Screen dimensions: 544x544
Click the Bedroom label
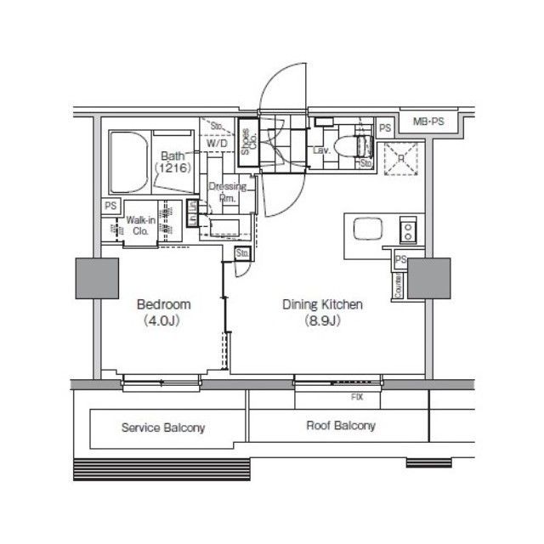pyautogui.click(x=163, y=304)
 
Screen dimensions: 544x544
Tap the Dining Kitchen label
pyautogui.click(x=323, y=304)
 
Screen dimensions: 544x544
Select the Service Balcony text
pyautogui.click(x=162, y=428)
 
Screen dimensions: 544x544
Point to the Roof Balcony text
pyautogui.click(x=340, y=426)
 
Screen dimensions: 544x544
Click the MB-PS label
pyautogui.click(x=428, y=122)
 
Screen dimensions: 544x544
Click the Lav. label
pyautogui.click(x=321, y=150)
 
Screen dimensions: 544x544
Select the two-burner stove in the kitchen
pyautogui.click(x=406, y=229)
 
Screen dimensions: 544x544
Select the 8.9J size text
pyautogui.click(x=323, y=320)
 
